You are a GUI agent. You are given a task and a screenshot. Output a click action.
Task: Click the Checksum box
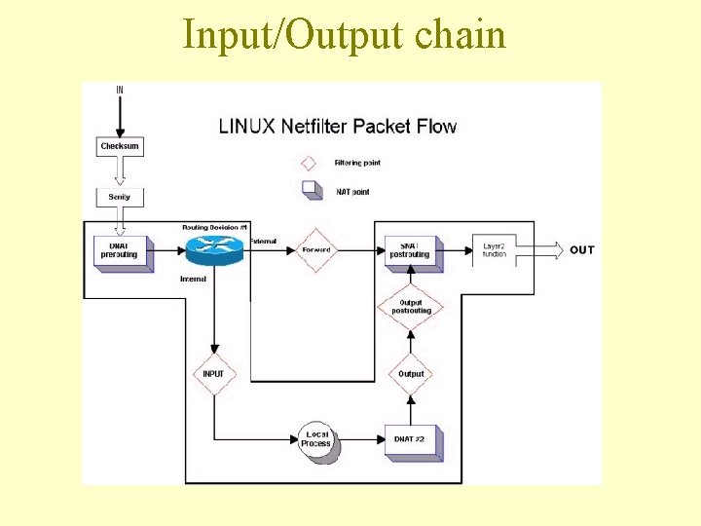(x=120, y=146)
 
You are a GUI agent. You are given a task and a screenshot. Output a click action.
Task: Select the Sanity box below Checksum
(x=120, y=197)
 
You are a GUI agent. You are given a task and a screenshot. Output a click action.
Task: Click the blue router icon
(x=212, y=249)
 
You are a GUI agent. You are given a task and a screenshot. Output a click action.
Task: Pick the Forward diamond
(x=316, y=250)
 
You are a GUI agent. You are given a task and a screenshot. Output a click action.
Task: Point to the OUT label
(x=581, y=250)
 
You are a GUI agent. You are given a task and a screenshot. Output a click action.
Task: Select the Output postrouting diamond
(x=410, y=307)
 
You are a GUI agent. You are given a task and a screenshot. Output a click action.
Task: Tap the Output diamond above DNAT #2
(x=411, y=373)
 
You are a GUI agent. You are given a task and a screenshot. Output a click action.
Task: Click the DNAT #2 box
(x=411, y=440)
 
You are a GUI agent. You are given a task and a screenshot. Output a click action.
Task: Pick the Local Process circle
(x=316, y=439)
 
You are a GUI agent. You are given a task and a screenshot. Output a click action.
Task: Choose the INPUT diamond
(x=213, y=374)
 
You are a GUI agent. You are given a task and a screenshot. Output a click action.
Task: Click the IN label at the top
(x=120, y=90)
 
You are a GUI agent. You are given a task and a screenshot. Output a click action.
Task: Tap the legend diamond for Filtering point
(x=310, y=163)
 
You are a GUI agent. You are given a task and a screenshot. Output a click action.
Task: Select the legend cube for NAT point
(x=311, y=189)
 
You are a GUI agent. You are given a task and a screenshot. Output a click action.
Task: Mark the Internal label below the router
(x=193, y=280)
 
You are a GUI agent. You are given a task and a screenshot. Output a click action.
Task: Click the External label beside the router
(x=263, y=240)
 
